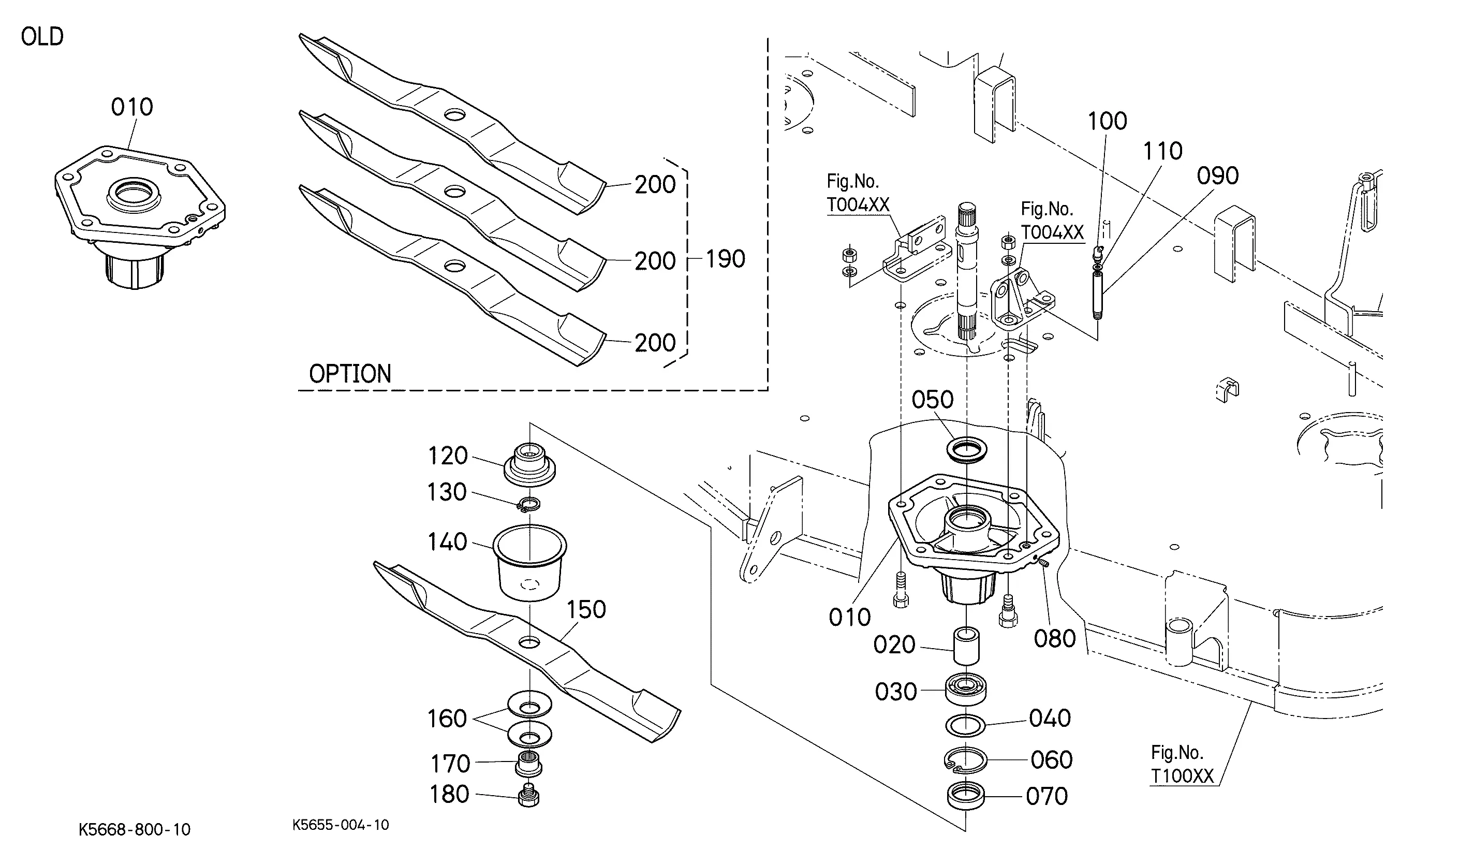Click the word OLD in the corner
click(x=42, y=37)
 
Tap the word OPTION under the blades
click(x=350, y=374)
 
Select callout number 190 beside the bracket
click(x=725, y=259)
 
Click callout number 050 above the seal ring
click(x=932, y=400)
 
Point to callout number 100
click(x=1108, y=121)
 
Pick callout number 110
click(x=1163, y=151)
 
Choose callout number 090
click(x=1217, y=176)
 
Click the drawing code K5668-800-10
click(x=135, y=830)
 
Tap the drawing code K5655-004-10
click(x=341, y=825)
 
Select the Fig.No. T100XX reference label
click(x=1182, y=765)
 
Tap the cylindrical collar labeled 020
click(x=965, y=645)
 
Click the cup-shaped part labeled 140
click(x=529, y=562)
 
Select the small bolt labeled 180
click(x=528, y=795)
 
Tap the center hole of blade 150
click(x=529, y=643)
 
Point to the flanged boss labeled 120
click(x=529, y=464)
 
